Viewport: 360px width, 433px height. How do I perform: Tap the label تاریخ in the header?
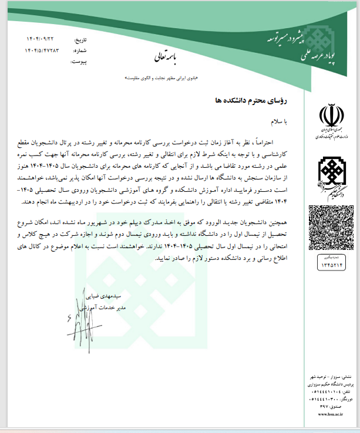(78, 40)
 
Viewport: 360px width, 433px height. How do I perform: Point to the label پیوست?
(79, 61)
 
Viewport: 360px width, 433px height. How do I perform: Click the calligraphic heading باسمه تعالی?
(170, 56)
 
